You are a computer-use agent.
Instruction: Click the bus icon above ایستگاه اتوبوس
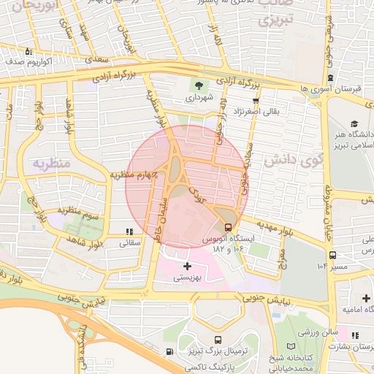point(229,227)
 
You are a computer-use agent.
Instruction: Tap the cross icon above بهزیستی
point(188,266)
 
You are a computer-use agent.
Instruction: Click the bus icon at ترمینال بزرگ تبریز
point(218,340)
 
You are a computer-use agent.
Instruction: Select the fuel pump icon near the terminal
point(169,352)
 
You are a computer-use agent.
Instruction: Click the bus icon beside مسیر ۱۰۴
point(332,255)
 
